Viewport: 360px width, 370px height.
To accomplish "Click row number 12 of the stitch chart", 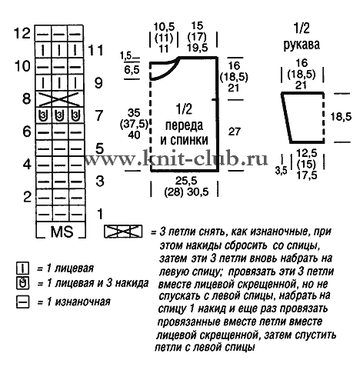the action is click(22, 33).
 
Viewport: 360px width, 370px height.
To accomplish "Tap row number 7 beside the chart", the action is click(98, 115).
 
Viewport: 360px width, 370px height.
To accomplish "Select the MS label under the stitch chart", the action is click(62, 232).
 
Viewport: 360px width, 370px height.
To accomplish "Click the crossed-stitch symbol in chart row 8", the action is click(59, 99).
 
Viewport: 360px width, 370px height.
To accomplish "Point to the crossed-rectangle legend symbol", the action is click(123, 232).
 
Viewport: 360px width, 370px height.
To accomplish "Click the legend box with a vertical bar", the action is click(22, 268).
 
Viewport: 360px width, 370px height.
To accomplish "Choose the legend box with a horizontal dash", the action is click(22, 302).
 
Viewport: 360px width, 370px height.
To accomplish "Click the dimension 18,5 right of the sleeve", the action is click(341, 117).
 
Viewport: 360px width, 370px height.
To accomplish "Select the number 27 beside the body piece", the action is click(235, 132).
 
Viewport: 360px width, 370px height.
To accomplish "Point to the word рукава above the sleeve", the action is click(302, 45).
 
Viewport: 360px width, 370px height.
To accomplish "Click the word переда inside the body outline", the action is click(184, 125).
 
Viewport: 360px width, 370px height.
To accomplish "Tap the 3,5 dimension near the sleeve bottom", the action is click(281, 171).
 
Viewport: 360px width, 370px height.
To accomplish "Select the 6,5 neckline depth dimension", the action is click(132, 70).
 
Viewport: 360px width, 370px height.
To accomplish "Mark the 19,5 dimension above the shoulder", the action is click(197, 48).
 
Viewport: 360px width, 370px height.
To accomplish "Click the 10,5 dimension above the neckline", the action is click(164, 27).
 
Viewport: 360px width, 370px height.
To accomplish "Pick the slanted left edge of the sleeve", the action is click(287, 118).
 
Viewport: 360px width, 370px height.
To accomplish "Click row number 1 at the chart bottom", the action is click(100, 214).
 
